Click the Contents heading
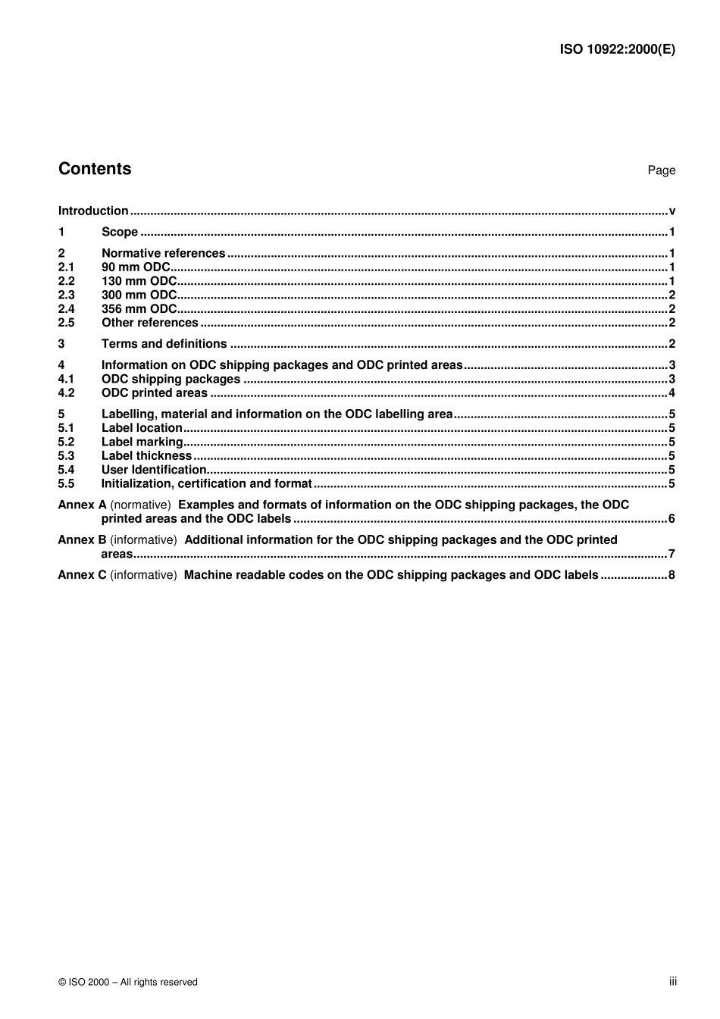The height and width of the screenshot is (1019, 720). click(95, 169)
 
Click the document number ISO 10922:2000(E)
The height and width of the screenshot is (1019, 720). click(617, 49)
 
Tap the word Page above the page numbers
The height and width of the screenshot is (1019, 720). click(661, 170)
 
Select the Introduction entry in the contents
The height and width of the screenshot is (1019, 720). click(93, 211)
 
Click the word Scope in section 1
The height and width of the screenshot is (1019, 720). click(120, 233)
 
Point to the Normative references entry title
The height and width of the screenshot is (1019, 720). click(163, 254)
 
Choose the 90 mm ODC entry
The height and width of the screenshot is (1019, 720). click(136, 267)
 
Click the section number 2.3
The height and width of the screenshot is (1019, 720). click(67, 295)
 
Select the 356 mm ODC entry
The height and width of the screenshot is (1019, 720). click(139, 309)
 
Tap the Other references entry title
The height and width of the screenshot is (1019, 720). click(149, 323)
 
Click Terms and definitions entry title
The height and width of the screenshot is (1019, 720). click(164, 344)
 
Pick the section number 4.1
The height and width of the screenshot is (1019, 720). click(67, 380)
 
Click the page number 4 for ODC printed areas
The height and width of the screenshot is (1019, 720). click(671, 393)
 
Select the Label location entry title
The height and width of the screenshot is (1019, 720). click(142, 428)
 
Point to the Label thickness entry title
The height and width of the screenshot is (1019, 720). click(146, 456)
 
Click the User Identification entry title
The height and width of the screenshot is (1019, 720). click(154, 470)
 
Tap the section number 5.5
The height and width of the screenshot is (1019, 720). click(67, 484)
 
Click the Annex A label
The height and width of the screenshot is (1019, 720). click(82, 505)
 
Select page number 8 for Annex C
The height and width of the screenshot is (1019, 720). click(671, 575)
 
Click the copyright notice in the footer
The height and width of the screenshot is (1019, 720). click(127, 983)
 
